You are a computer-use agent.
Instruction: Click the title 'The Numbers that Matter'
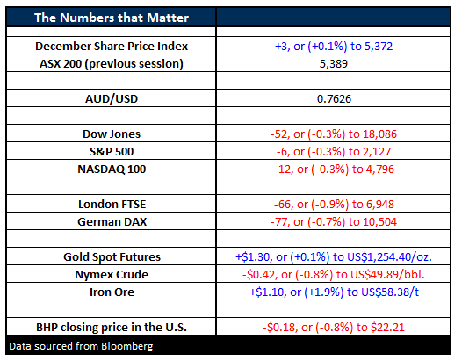coord(112,18)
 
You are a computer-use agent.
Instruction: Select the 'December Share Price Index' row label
coord(112,47)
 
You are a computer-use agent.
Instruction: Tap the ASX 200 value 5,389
coord(334,63)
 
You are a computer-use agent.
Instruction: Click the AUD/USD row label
coord(112,98)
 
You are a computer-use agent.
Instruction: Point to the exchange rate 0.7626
coord(334,98)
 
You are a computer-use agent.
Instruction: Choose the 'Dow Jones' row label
coord(112,134)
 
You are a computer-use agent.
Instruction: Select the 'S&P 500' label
coord(112,151)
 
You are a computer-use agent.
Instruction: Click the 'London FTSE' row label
coord(112,205)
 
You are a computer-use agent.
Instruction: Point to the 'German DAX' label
coord(112,221)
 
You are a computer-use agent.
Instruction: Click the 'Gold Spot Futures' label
coord(112,257)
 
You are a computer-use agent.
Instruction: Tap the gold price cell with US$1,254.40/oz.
coord(334,257)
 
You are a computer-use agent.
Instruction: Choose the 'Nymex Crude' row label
coord(112,274)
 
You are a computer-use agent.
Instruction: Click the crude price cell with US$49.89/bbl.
coord(333,274)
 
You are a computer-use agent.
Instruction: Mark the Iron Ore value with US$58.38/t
coord(334,292)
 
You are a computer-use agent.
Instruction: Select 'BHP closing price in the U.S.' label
coord(112,327)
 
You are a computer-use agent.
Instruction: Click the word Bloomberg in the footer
coord(127,346)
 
